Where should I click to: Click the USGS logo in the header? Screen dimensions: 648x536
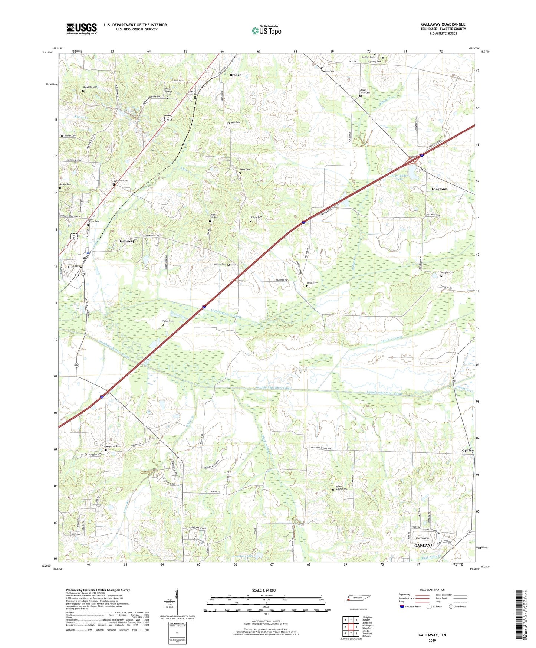pos(82,29)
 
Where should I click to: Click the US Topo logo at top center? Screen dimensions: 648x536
pos(266,30)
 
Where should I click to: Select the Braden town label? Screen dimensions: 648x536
pos(236,75)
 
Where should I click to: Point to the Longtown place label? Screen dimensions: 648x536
pos(439,189)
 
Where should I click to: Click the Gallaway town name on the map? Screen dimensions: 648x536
pos(127,241)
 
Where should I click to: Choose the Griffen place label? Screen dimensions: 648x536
pos(468,451)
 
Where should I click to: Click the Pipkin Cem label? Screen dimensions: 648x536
pos(168,321)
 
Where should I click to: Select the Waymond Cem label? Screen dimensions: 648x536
pos(113,446)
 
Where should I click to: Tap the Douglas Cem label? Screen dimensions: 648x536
pos(447,272)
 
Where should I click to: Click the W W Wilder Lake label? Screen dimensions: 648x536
pos(399,177)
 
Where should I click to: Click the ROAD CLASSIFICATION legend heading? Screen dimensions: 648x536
pos(433,590)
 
